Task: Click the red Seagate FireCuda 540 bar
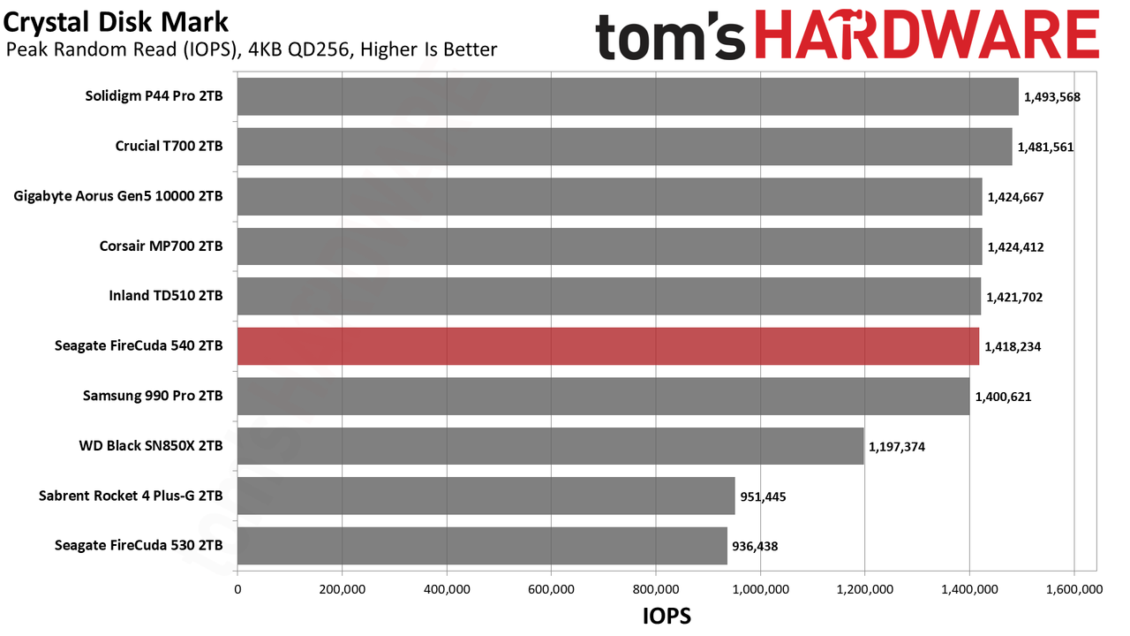pyautogui.click(x=608, y=346)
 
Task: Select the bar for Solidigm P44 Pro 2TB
pyautogui.click(x=628, y=96)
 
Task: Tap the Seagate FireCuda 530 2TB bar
pyautogui.click(x=482, y=546)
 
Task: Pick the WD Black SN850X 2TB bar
pyautogui.click(x=550, y=446)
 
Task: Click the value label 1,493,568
pyautogui.click(x=1051, y=97)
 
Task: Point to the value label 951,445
pyautogui.click(x=763, y=496)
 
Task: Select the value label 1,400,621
pyautogui.click(x=1003, y=397)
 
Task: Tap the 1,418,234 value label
pyautogui.click(x=1013, y=347)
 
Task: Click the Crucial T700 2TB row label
pyautogui.click(x=169, y=146)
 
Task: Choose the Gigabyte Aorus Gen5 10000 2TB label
pyautogui.click(x=118, y=196)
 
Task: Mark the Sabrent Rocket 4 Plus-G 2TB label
pyautogui.click(x=131, y=496)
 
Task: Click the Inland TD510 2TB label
pyautogui.click(x=166, y=295)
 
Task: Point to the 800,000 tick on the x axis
pyautogui.click(x=656, y=589)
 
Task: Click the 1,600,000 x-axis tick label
pyautogui.click(x=1074, y=589)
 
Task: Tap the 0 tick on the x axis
pyautogui.click(x=237, y=589)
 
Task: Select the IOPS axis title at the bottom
pyautogui.click(x=667, y=616)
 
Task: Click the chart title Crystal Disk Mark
pyautogui.click(x=116, y=22)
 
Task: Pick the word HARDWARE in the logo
pyautogui.click(x=927, y=34)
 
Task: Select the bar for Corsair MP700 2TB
pyautogui.click(x=610, y=246)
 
